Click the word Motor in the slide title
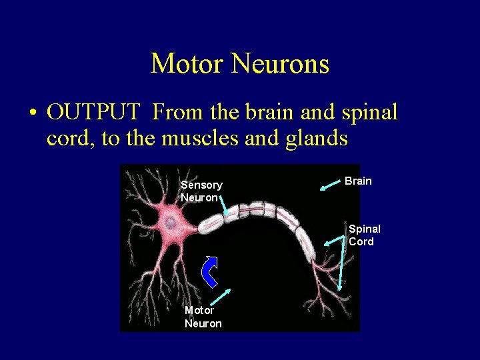coord(188,64)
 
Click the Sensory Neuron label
coord(201,191)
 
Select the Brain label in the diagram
coord(358,181)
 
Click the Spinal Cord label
coord(364,235)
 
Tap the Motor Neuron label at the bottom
coord(203,317)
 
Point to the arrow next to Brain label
coord(330,185)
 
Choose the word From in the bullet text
coord(176,112)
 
